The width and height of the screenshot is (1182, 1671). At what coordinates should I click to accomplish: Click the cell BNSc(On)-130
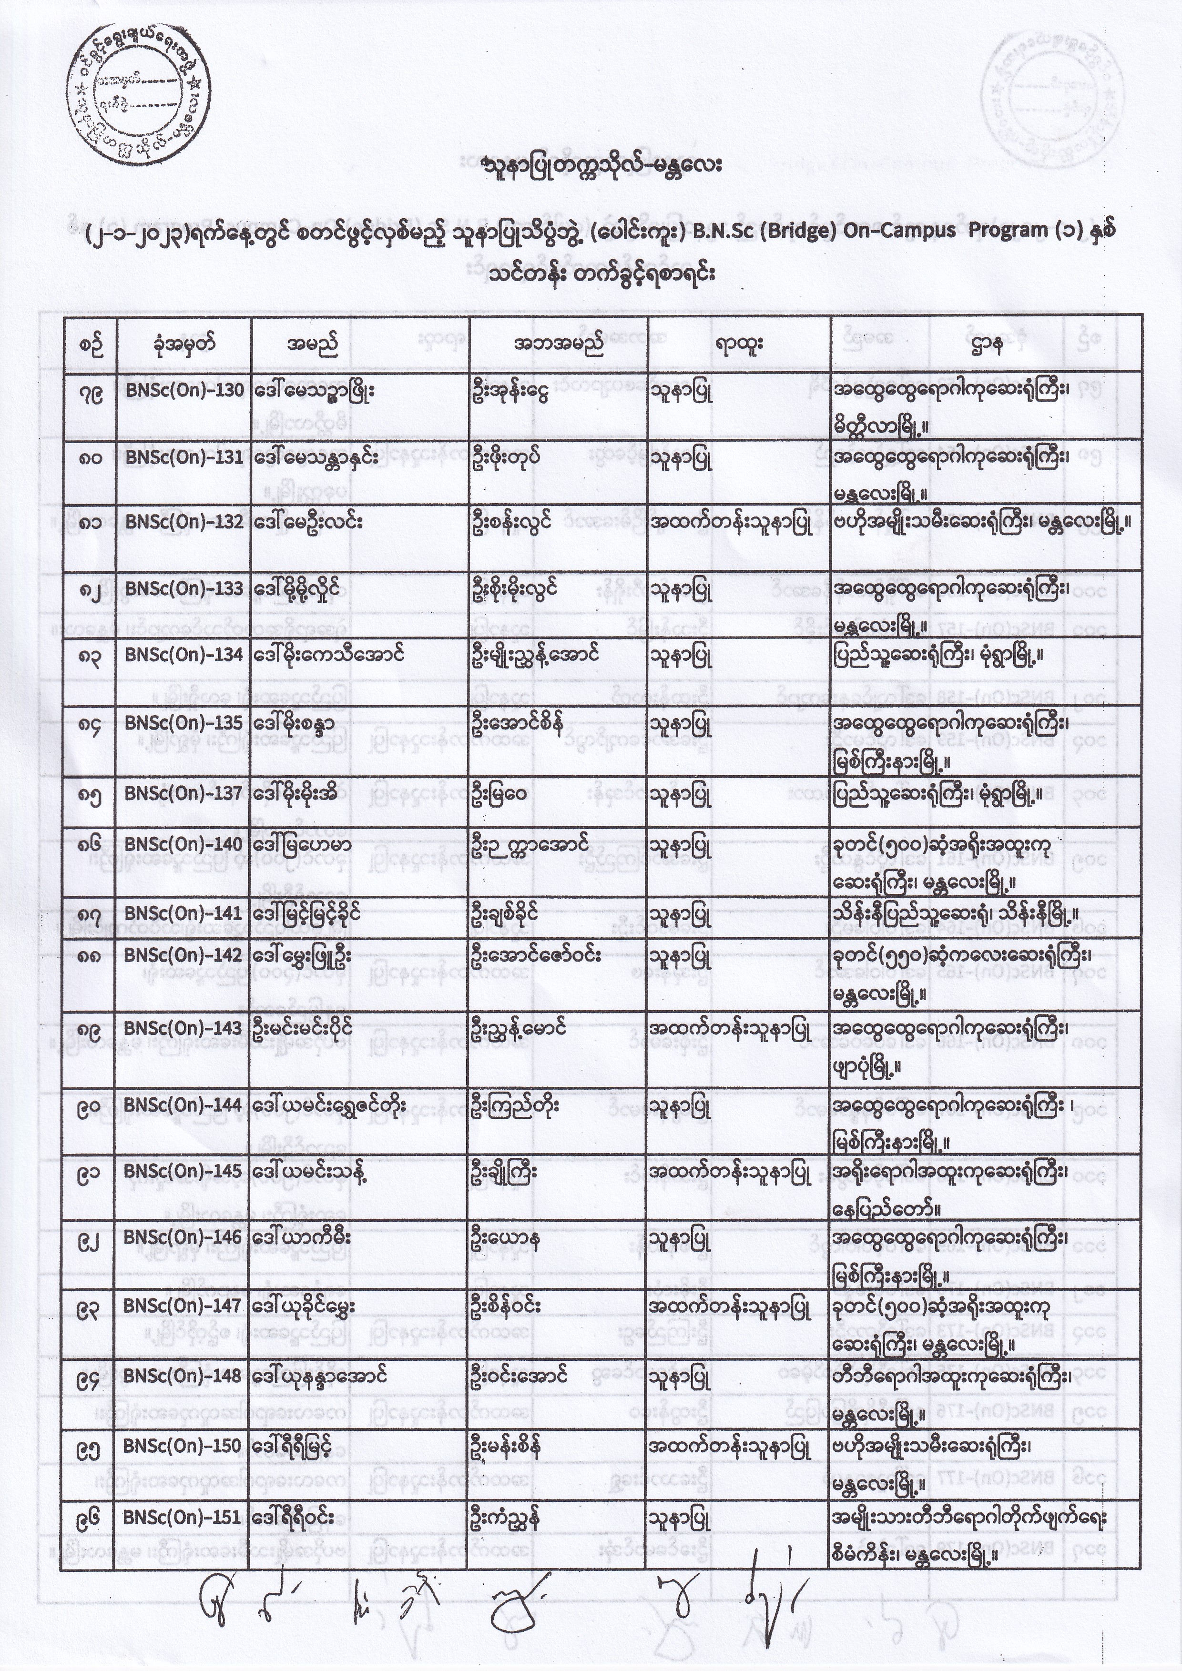coord(184,391)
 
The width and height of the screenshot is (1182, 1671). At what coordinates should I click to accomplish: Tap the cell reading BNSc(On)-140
coord(183,844)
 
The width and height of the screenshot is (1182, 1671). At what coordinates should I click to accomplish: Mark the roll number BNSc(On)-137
coord(183,792)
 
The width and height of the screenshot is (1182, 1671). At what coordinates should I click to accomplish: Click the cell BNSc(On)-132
coord(184,522)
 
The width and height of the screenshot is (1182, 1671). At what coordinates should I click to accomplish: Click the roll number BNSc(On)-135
coord(184,723)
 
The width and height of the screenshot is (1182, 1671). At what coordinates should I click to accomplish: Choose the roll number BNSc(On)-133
coord(184,588)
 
